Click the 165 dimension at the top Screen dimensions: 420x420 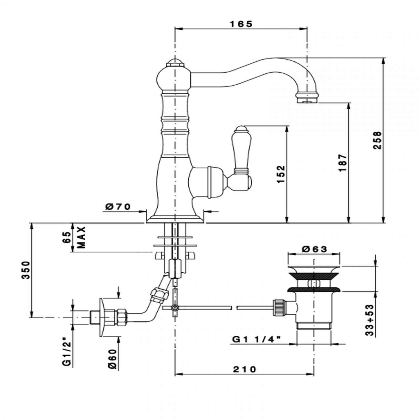pos(240,24)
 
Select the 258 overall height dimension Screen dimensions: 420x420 pos(377,140)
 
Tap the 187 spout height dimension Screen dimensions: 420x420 pos(343,162)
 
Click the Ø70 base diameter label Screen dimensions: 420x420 pos(118,206)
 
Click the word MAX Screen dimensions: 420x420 pos(82,237)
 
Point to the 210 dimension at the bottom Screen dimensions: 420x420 pos(244,369)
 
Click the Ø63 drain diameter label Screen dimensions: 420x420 pos(314,249)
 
